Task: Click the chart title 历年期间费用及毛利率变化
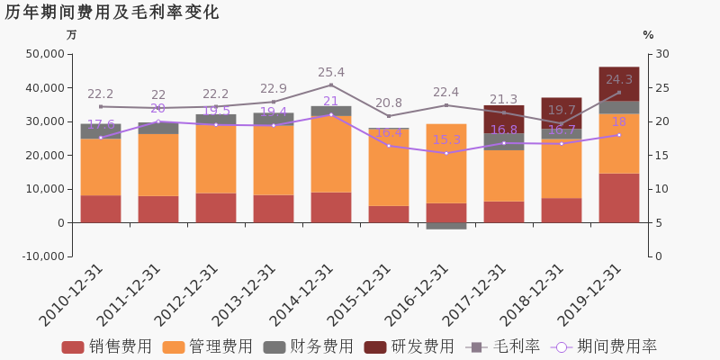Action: tap(112, 13)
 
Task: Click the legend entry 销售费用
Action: tap(108, 346)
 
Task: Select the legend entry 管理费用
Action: tap(209, 346)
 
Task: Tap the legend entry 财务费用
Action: tap(310, 346)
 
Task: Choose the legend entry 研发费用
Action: tap(410, 346)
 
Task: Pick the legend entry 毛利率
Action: tap(504, 346)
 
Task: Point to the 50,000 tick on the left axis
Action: tap(44, 54)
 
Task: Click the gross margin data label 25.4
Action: tap(331, 73)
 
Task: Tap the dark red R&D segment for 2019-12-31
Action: tap(619, 83)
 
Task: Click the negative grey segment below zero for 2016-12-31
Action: tap(446, 226)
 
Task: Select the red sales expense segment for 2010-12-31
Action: tap(101, 209)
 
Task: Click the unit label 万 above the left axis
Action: tap(72, 35)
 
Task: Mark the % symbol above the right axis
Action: tap(648, 35)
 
